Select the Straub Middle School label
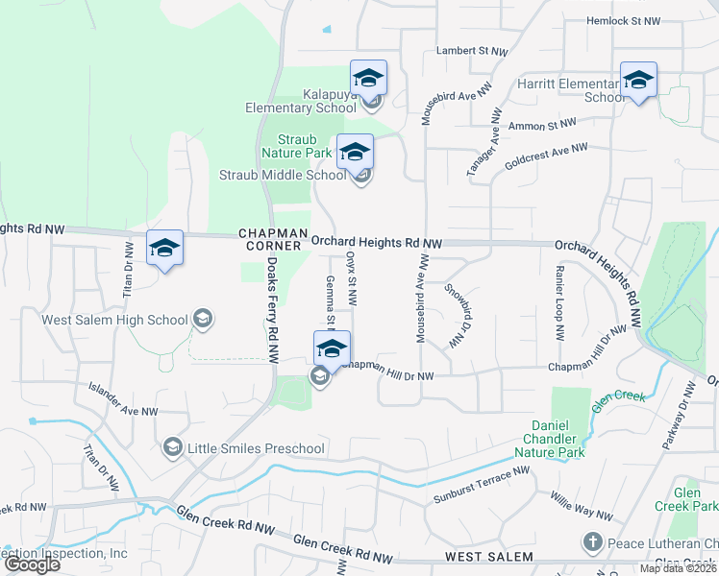point(283,175)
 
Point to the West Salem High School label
point(114,319)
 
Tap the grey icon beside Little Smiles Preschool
point(172,446)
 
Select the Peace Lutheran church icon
point(593,543)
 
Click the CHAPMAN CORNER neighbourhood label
point(273,239)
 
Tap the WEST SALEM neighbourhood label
point(488,557)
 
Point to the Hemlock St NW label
point(625,20)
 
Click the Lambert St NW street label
point(471,50)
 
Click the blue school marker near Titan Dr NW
point(164,249)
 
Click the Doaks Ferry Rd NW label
point(272,309)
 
